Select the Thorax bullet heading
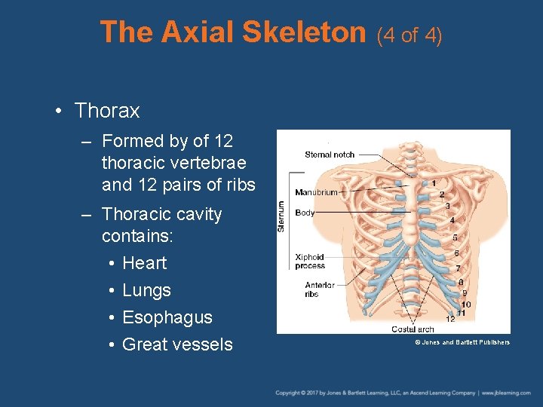click(107, 111)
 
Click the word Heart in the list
click(144, 263)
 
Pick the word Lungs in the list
click(146, 290)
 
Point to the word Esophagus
click(167, 317)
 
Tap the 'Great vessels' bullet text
click(177, 344)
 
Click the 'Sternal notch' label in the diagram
click(330, 155)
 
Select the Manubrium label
click(316, 192)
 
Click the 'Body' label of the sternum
click(305, 213)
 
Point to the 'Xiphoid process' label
click(310, 262)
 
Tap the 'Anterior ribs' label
click(320, 289)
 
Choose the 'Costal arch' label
click(413, 329)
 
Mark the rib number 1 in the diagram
click(433, 183)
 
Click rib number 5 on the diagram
click(455, 237)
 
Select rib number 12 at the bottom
click(450, 319)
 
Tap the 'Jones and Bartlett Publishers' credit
click(462, 342)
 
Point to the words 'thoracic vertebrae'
click(173, 163)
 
